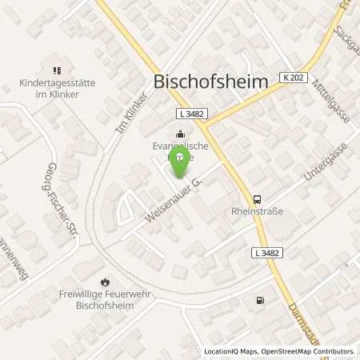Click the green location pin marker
pyautogui.click(x=181, y=160)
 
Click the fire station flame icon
pyautogui.click(x=105, y=282)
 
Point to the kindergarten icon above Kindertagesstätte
pyautogui.click(x=57, y=70)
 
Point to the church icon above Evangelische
pyautogui.click(x=179, y=134)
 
